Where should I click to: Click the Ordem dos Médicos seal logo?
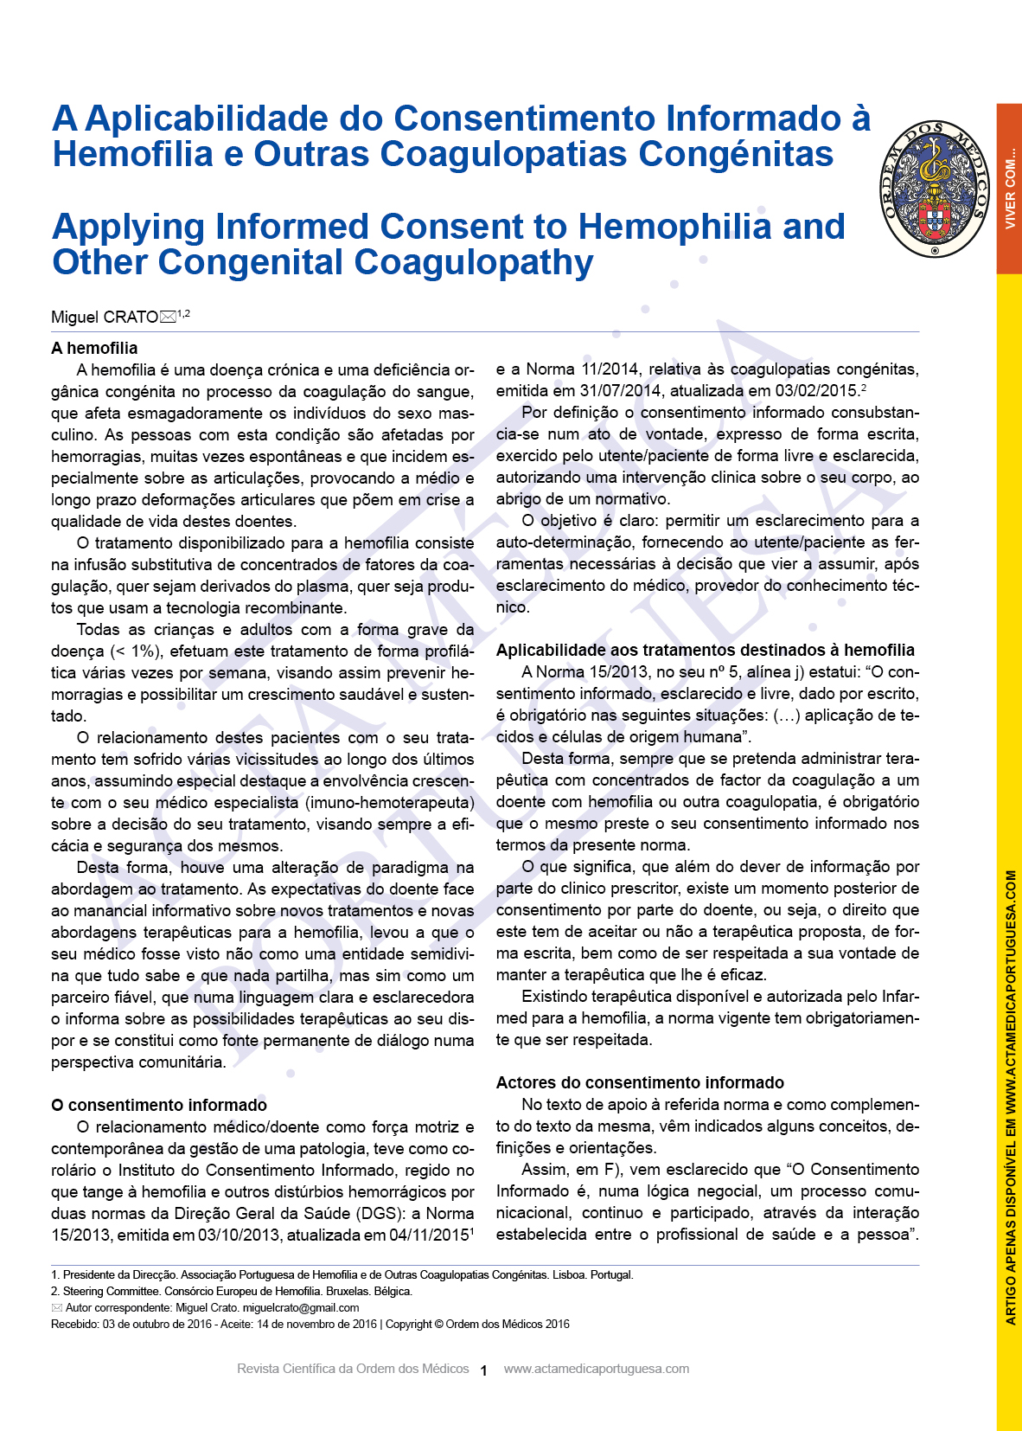tap(935, 189)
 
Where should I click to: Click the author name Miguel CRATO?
tap(104, 318)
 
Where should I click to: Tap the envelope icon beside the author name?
tap(168, 318)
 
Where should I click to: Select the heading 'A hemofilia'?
tap(94, 349)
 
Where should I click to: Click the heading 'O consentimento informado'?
tap(159, 1106)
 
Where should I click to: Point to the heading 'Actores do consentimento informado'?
tap(640, 1083)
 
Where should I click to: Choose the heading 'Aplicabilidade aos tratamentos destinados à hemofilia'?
tap(705, 651)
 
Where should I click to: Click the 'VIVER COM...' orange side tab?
tap(1009, 189)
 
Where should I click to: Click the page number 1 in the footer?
tap(484, 1370)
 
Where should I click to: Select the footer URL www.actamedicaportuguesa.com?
tap(597, 1369)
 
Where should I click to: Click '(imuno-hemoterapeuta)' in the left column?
tap(390, 803)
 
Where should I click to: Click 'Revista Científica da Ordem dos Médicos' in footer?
tap(353, 1369)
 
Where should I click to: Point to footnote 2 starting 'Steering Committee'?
tap(232, 1292)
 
